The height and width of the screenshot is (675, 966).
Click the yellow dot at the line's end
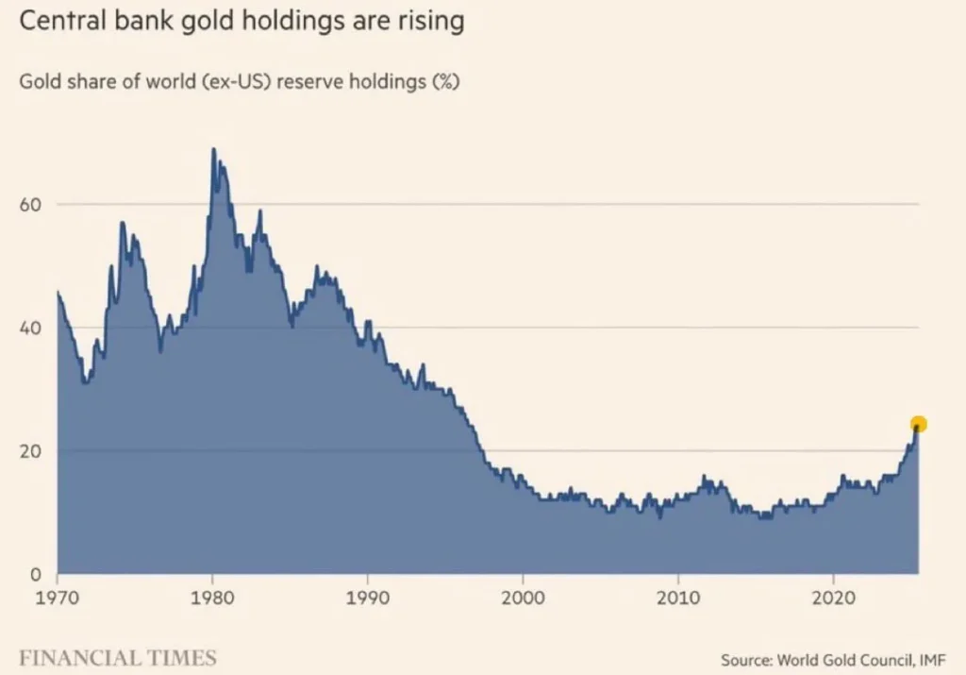click(x=918, y=425)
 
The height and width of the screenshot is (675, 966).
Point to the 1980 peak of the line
click(x=213, y=149)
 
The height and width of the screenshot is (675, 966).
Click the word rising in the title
click(x=428, y=22)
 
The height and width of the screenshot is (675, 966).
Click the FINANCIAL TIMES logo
click(x=118, y=657)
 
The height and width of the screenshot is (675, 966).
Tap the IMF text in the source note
click(x=930, y=659)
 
